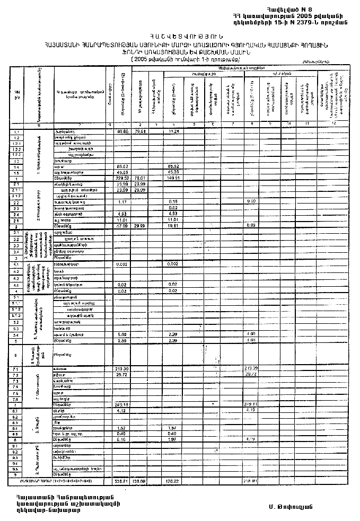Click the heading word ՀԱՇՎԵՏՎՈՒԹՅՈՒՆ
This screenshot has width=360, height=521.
(180, 35)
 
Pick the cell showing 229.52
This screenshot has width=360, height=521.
(122, 178)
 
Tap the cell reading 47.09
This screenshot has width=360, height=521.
(122, 226)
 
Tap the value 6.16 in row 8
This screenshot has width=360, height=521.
(121, 439)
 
